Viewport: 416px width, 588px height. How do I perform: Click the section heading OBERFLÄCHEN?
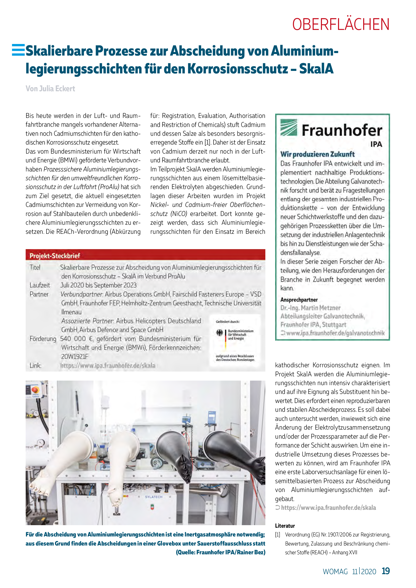point(341,25)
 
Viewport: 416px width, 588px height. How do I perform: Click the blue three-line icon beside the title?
point(18,50)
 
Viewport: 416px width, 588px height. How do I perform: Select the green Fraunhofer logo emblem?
point(289,127)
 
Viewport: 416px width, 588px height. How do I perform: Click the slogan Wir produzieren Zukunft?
point(317,154)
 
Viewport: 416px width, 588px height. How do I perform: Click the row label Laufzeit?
point(40,285)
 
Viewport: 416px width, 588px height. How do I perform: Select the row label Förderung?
point(43,339)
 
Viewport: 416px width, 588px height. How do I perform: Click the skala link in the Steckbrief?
point(108,366)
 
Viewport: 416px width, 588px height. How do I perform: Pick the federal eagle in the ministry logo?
point(220,333)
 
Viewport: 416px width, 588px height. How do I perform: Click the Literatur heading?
point(285,526)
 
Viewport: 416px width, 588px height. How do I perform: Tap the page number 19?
point(386,571)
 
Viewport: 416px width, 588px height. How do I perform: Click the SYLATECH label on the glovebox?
point(154,497)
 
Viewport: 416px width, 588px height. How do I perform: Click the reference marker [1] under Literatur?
point(278,535)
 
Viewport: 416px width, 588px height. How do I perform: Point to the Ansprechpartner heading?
point(299,300)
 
